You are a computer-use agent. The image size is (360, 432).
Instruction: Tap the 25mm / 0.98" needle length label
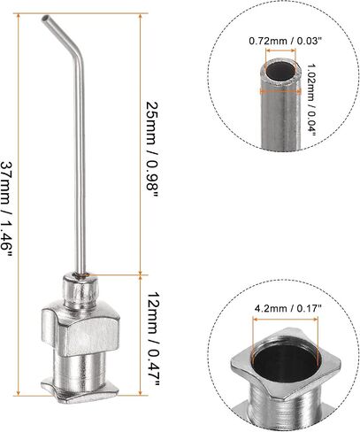click(x=152, y=150)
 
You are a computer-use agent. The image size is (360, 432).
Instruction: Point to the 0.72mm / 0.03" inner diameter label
click(x=285, y=41)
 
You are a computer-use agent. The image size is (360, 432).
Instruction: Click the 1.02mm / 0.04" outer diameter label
click(x=310, y=101)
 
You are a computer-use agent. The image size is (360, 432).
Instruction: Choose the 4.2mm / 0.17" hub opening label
click(x=287, y=309)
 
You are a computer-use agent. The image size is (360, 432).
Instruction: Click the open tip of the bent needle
click(x=45, y=19)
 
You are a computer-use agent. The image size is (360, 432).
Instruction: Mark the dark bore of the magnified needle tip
click(x=280, y=71)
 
